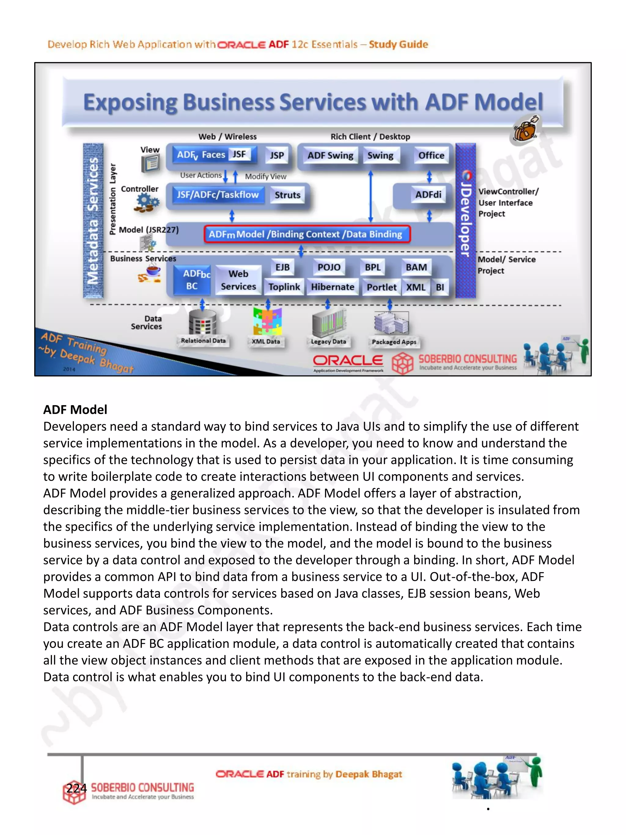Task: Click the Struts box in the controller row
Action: click(x=288, y=195)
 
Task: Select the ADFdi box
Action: click(x=428, y=195)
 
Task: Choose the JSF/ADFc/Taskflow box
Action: click(x=218, y=195)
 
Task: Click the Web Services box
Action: click(x=238, y=280)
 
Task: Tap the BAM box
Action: click(x=416, y=267)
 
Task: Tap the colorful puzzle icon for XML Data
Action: click(x=267, y=322)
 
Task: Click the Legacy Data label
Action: click(x=328, y=342)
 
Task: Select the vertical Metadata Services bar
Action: click(x=93, y=221)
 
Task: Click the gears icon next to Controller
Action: click(x=147, y=203)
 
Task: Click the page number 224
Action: click(x=77, y=788)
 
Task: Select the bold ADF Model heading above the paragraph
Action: click(x=75, y=410)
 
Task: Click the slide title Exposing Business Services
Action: click(x=313, y=103)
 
